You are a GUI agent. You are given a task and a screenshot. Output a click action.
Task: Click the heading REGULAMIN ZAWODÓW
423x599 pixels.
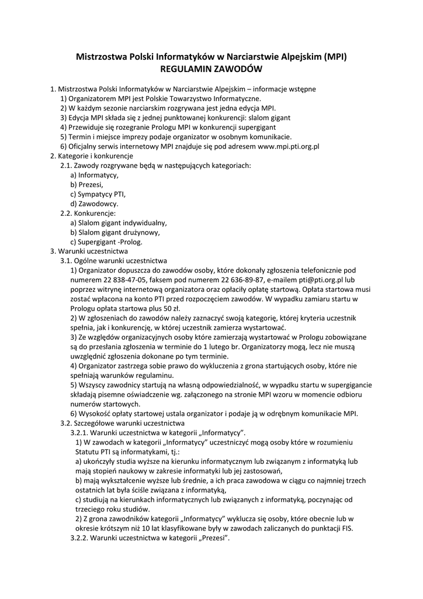[211, 69]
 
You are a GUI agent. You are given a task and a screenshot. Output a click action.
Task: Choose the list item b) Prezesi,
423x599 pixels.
[86, 184]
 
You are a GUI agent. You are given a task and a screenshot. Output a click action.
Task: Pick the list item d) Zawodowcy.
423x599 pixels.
[94, 204]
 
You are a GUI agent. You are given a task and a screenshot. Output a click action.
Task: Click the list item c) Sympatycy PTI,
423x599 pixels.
[98, 194]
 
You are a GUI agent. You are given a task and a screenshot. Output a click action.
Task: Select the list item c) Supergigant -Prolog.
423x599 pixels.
[106, 242]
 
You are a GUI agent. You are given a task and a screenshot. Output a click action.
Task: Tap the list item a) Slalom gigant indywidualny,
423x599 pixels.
[119, 223]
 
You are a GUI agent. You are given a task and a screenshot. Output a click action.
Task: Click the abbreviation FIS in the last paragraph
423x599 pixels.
[346, 527]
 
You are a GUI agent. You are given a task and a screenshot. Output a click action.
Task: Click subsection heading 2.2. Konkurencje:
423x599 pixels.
[92, 213]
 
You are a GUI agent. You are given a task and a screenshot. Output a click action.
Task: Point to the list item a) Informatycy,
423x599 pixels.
[94, 175]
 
